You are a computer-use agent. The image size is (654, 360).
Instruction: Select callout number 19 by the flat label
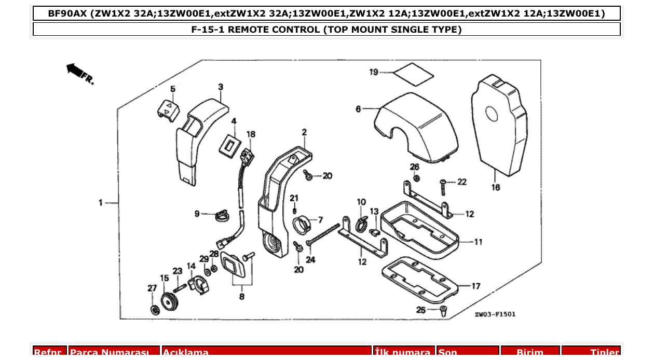[374, 72]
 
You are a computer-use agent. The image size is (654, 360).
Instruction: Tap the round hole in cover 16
[492, 114]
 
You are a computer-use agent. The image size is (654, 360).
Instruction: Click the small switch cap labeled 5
[169, 110]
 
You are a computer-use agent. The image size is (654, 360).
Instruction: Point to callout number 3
[221, 87]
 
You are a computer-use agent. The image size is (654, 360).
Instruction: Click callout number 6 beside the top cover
[358, 109]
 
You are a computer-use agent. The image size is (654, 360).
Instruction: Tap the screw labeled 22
[443, 183]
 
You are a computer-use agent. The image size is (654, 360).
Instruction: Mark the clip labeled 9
[222, 214]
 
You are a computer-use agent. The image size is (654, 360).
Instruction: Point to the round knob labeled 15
[167, 301]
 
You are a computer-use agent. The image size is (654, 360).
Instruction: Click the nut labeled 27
[154, 310]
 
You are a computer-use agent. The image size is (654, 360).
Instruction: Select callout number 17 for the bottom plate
[476, 286]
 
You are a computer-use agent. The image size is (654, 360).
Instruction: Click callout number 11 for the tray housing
[478, 241]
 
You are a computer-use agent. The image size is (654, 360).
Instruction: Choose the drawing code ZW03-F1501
[495, 314]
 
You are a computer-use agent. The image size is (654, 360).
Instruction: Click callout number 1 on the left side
[101, 203]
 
